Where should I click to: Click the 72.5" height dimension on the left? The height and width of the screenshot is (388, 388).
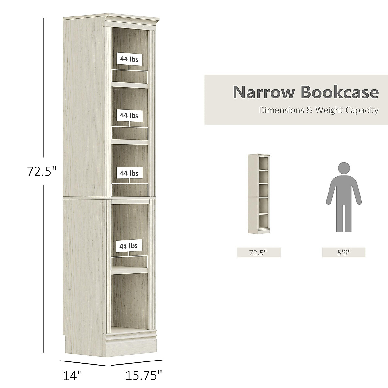[42, 171]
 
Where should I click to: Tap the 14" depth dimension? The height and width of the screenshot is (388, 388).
[72, 376]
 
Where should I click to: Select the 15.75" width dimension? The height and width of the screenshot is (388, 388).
[144, 376]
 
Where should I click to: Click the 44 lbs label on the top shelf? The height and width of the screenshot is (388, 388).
[129, 59]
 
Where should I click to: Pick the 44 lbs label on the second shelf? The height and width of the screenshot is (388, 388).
[129, 115]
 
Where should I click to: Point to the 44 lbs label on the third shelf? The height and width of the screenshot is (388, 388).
[129, 173]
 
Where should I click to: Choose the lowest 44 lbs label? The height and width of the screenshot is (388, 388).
[128, 246]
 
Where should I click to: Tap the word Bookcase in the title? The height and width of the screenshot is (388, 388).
[339, 92]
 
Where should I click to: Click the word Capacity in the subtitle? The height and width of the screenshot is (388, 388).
[363, 110]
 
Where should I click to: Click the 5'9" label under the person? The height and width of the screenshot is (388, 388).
[344, 253]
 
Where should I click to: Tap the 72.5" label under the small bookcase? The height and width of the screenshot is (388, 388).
[259, 253]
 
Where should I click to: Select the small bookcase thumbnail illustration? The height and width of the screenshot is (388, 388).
[259, 193]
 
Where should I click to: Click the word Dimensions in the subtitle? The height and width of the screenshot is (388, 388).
[281, 110]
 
